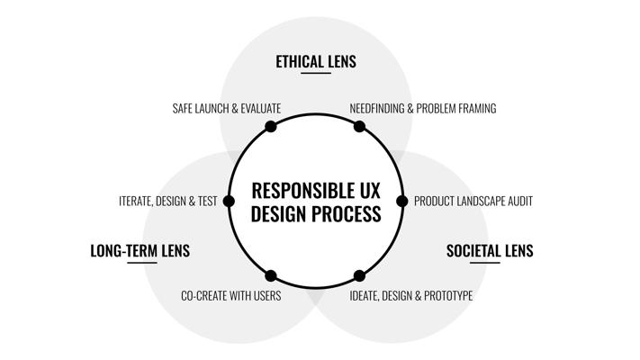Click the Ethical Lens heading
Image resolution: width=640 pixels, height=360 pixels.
[316, 61]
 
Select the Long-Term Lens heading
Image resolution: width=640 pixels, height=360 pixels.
[140, 250]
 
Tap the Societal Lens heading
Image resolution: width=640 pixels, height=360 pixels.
[490, 250]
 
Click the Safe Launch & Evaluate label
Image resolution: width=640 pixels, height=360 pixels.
[227, 109]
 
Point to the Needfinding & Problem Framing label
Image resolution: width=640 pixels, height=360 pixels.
[423, 109]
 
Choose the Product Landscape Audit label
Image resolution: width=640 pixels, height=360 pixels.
[473, 202]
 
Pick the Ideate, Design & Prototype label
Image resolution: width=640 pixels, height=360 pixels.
[411, 295]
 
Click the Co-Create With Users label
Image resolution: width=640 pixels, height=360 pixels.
[231, 295]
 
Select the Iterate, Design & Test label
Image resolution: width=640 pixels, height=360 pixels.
[168, 202]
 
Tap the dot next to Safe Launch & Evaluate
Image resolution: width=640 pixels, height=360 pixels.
[271, 127]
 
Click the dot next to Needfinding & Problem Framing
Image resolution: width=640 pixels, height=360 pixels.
[359, 127]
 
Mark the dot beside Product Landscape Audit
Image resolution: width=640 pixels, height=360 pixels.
[402, 202]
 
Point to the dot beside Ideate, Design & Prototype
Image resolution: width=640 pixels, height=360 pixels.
[359, 276]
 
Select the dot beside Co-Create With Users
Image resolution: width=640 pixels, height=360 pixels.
[271, 276]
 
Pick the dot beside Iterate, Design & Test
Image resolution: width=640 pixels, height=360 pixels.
[229, 202]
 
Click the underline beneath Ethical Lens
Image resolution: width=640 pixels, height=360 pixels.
[316, 73]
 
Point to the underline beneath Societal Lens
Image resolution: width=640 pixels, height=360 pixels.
[485, 263]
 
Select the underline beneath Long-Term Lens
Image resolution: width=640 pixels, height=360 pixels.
[142, 263]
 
